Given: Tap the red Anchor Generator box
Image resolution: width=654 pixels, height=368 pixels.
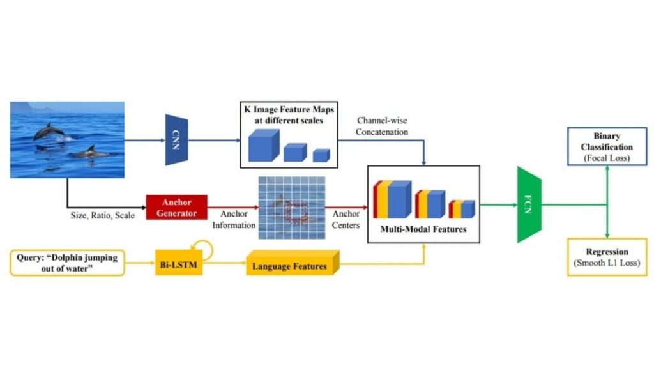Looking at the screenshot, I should coord(177,206).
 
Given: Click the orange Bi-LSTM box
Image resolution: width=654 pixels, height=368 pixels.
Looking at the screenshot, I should coord(179,263).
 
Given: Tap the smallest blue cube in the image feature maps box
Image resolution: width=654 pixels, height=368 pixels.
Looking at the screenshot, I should coord(321,155).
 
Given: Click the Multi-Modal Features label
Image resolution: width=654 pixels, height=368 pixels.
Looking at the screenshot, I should coord(423,228).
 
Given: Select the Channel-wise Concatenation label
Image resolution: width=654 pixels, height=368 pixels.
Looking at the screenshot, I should coord(383,126).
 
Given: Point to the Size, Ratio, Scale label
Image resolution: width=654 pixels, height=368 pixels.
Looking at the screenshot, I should coord(102,215).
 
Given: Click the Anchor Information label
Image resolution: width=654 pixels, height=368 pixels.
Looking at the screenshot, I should coord(238,220).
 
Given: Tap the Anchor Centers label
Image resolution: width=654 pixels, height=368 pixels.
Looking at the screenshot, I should coord(346,219).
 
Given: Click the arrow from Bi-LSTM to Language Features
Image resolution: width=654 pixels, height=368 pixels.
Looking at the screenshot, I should coord(224,263).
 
